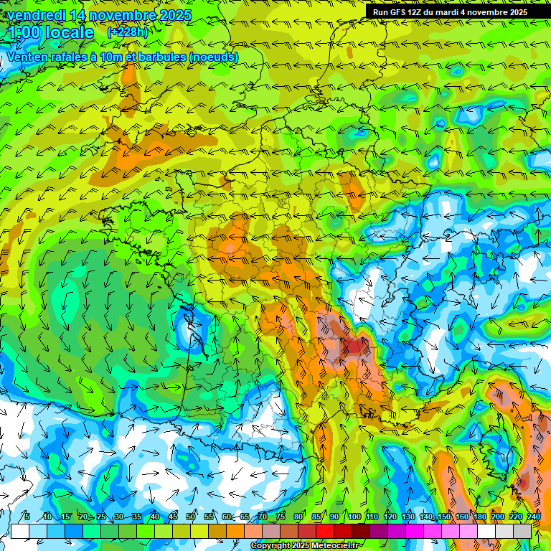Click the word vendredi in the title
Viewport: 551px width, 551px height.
[x=35, y=15]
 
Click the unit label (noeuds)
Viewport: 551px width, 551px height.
[x=212, y=57]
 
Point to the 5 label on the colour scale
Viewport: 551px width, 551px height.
[x=27, y=517]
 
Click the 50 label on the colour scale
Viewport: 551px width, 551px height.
[x=191, y=517]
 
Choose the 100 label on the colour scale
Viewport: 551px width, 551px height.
[x=354, y=517]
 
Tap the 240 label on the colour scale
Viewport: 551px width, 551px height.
[x=532, y=517]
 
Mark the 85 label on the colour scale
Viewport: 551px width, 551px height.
[x=317, y=517]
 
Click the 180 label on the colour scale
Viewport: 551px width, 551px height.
[x=480, y=517]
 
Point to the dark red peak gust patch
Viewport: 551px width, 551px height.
[x=355, y=348]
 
